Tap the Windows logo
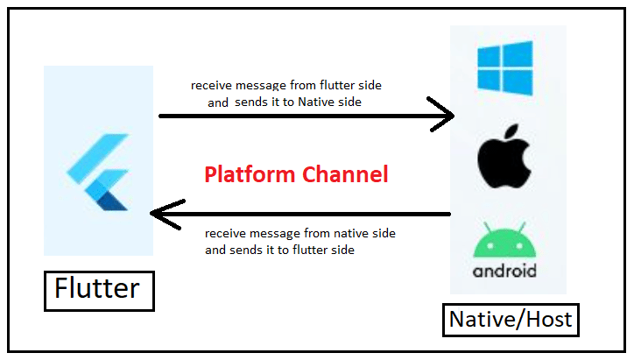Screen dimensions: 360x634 [504, 69]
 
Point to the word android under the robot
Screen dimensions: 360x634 [504, 271]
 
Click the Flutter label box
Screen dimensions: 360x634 [99, 288]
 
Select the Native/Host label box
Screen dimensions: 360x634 [511, 319]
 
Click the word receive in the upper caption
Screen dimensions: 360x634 [210, 86]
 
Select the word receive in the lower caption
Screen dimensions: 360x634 [224, 234]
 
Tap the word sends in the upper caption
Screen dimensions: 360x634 [250, 102]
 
